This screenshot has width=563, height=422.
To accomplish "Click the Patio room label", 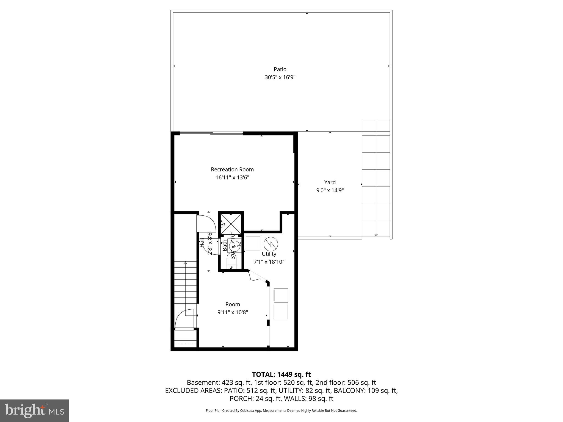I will click(280, 69).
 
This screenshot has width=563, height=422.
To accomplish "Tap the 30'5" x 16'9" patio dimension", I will click(280, 77).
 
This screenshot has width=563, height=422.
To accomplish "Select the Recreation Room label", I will click(232, 170).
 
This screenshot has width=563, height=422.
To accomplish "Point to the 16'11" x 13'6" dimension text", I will click(232, 177).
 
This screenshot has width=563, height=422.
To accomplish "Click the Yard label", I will click(330, 182).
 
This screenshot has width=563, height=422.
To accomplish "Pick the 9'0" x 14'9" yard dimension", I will click(330, 190).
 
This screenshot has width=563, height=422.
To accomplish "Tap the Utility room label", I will click(269, 254).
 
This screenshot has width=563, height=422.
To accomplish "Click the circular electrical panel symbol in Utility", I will click(271, 243).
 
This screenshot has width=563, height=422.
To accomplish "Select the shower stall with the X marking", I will click(231, 224).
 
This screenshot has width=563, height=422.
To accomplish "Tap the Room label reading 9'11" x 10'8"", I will click(233, 304).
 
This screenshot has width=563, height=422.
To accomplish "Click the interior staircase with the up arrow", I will click(186, 283).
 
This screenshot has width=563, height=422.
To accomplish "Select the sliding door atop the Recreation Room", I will click(211, 134).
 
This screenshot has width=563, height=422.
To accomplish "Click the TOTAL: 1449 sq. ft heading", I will click(281, 374).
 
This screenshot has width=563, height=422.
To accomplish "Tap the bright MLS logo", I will click(34, 410).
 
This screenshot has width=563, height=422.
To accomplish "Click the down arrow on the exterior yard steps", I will click(376, 235).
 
